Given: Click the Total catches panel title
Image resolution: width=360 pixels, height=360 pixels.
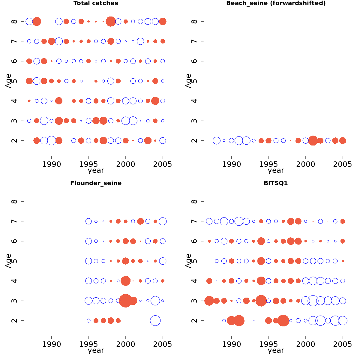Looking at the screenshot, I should click(96, 3).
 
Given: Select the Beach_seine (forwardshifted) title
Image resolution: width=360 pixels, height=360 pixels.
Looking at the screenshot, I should click(276, 3).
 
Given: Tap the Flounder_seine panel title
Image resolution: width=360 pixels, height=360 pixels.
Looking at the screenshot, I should click(96, 183).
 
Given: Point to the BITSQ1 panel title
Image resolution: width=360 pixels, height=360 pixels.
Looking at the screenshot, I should click(276, 183).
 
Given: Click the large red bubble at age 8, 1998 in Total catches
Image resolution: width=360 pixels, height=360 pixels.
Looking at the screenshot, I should click(111, 22).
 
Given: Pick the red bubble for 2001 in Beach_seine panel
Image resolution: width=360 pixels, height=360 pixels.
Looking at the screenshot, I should click(313, 140).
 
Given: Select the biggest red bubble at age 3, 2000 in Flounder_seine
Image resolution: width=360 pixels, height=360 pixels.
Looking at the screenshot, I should click(125, 301).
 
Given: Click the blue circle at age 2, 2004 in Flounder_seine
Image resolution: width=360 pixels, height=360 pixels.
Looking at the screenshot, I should click(155, 320).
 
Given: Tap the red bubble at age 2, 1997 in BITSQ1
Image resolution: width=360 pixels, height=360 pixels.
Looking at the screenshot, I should click(283, 320).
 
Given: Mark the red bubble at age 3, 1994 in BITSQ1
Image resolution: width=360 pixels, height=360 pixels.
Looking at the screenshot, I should click(261, 301).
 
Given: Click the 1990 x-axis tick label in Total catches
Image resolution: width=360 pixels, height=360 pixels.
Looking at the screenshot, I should click(51, 164).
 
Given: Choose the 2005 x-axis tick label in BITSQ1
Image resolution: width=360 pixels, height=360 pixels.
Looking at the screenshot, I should click(343, 344).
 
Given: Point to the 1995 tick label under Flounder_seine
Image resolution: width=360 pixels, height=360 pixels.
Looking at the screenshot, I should click(88, 344).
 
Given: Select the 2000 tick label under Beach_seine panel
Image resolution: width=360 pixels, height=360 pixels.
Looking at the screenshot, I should click(305, 164).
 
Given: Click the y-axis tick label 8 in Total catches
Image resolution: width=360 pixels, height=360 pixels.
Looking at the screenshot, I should click(15, 22).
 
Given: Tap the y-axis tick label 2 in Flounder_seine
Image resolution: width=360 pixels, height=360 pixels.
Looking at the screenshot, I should click(15, 320).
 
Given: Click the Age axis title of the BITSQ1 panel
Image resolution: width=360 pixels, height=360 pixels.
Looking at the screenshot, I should click(188, 261).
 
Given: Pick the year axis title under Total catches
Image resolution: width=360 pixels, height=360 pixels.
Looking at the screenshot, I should click(96, 171).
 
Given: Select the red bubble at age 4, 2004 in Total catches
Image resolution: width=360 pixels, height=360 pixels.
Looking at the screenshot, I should click(155, 101).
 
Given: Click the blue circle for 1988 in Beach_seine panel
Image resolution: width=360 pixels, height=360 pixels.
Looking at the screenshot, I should click(217, 140).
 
